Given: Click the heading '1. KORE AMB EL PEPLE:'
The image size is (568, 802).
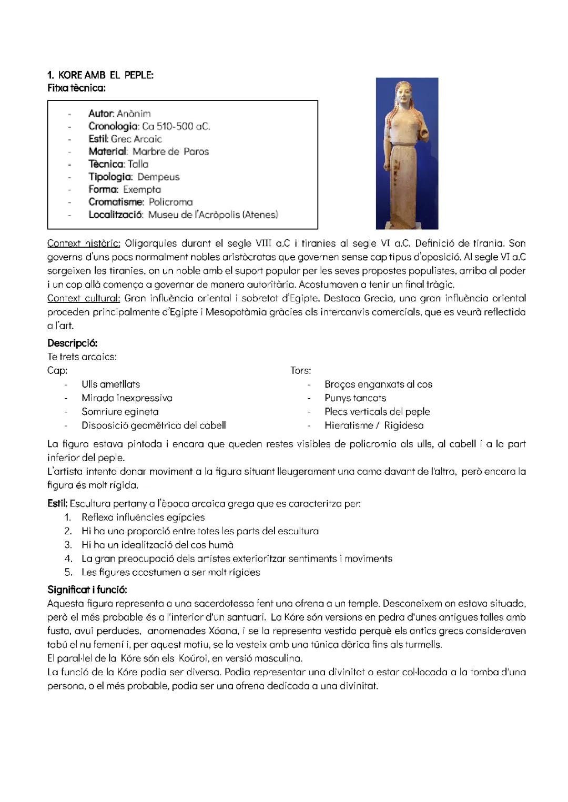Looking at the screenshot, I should (100, 75).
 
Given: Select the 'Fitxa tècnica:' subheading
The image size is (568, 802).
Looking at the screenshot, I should (76, 88).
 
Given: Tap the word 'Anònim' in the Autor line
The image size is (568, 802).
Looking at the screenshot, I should (134, 114).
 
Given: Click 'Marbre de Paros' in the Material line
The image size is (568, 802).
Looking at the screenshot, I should (170, 151).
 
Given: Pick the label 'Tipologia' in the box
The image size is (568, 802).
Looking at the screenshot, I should (110, 177).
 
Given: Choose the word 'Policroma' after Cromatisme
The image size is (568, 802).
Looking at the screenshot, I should (170, 202).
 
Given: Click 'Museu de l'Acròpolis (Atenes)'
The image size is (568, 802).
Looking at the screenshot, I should (212, 215).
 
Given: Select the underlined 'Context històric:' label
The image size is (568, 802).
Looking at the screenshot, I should (84, 243).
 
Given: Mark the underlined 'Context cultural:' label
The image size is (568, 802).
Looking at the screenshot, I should (84, 298).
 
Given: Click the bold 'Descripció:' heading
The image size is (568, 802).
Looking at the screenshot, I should (73, 343).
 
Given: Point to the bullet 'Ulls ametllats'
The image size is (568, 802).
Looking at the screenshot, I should (110, 384).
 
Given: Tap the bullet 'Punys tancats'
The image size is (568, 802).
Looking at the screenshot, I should (355, 398).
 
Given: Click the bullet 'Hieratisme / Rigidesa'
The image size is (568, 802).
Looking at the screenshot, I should (373, 425).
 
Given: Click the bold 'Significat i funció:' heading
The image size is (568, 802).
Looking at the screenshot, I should (87, 588).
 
